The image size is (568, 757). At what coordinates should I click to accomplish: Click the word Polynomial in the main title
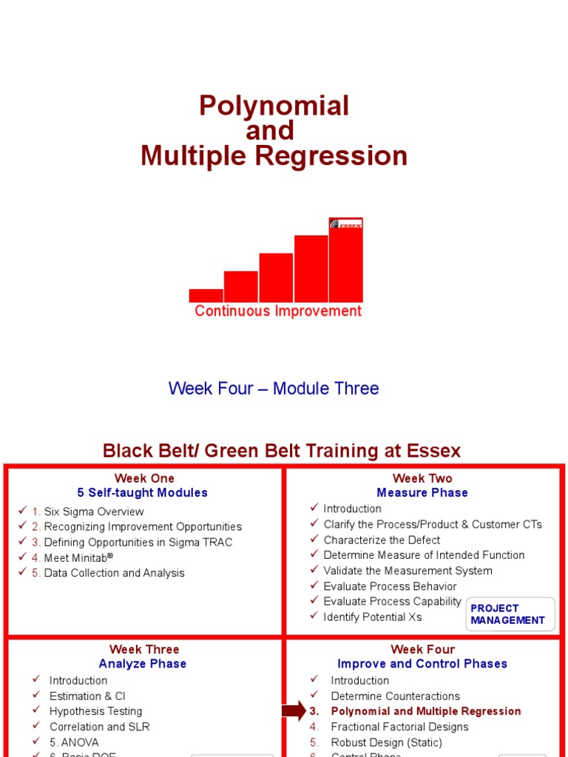pos(274,106)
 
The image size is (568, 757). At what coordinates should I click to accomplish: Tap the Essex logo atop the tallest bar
pos(346,224)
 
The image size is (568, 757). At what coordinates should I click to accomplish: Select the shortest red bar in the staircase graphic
pos(206,295)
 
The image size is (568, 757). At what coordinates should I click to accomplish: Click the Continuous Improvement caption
pos(278,311)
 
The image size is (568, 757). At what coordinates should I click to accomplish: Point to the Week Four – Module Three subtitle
pos(274,388)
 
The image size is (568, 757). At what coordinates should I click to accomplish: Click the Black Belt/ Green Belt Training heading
pos(281,450)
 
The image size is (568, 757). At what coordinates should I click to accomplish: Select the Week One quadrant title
pos(144,478)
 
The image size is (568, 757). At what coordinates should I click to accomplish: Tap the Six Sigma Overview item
pos(94,512)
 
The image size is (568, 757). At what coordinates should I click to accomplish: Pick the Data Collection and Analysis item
pos(114,573)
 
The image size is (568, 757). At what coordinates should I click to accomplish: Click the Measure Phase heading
pos(422,492)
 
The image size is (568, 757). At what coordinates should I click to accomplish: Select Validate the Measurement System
pos(408,571)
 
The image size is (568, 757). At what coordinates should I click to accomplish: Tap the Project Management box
pos(509,614)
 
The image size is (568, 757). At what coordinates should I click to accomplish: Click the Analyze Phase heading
pos(143,664)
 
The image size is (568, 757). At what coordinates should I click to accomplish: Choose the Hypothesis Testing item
pos(95,711)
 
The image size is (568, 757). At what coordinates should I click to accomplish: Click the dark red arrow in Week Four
pos(294,711)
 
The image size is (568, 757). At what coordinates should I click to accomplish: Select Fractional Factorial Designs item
pos(399,727)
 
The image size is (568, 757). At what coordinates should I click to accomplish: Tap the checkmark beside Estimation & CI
pos(36,696)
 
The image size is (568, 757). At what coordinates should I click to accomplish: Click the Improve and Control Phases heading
pos(422,664)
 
